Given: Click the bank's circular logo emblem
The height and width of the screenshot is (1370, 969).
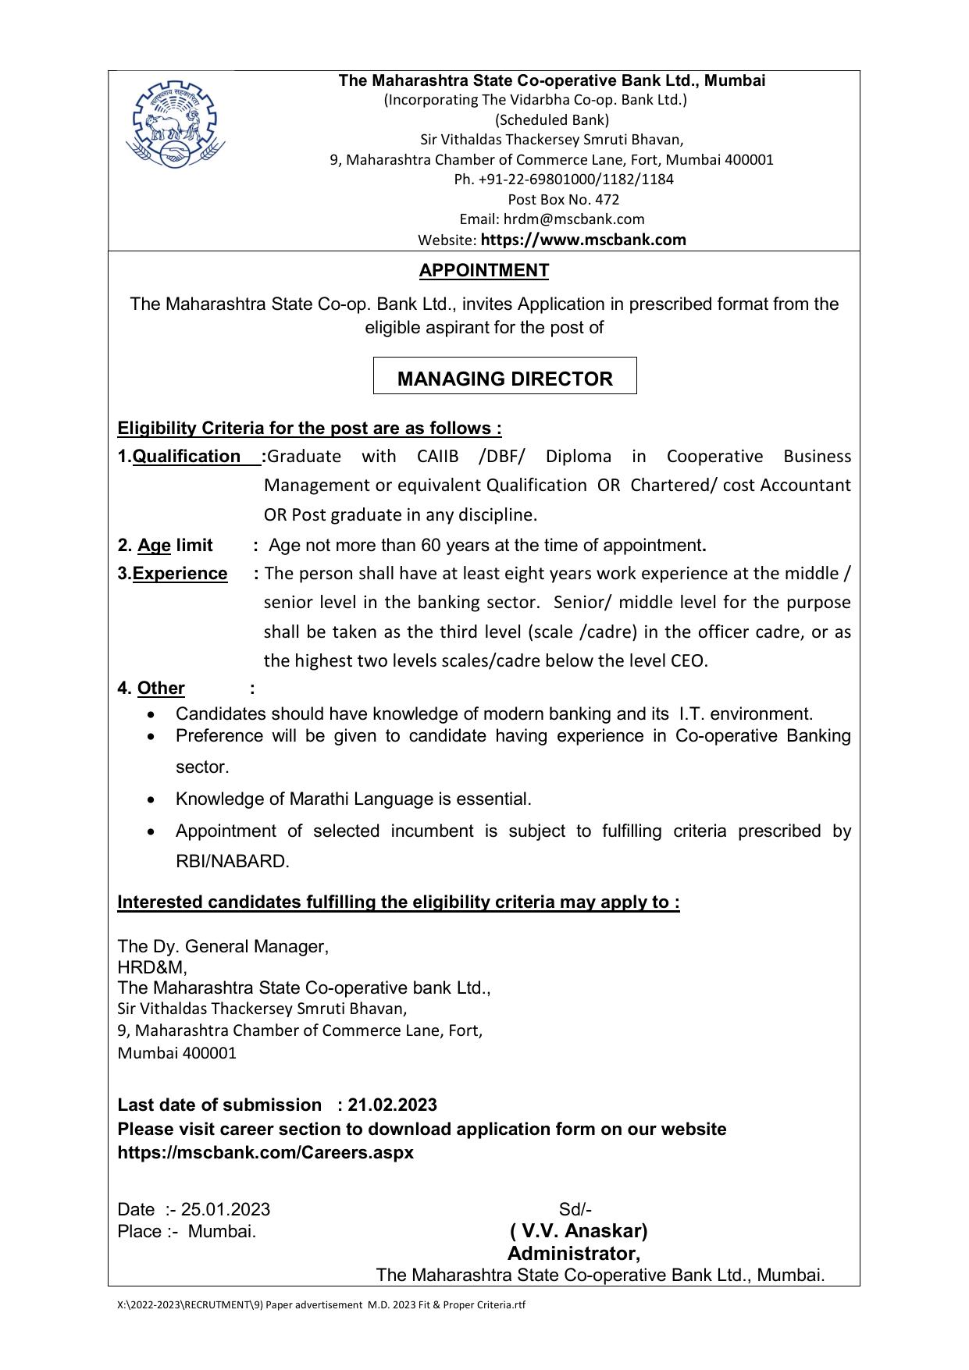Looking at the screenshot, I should [x=176, y=123].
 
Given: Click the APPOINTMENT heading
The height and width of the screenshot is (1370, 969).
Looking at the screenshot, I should [x=483, y=271].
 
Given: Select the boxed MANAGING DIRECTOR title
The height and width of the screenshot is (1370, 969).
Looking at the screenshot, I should [x=504, y=379].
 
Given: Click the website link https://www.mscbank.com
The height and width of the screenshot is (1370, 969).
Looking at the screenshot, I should [x=583, y=240].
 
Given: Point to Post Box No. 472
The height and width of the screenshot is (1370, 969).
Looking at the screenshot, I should [x=563, y=199].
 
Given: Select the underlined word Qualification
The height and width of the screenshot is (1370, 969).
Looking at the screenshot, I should [x=187, y=457].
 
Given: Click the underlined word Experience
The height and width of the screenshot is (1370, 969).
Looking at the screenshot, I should [x=180, y=574].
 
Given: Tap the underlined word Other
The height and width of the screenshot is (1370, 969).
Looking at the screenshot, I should [x=161, y=689].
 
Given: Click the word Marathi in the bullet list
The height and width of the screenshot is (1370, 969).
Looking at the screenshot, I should [x=319, y=799].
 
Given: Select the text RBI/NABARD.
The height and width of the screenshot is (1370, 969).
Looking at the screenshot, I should [x=233, y=862].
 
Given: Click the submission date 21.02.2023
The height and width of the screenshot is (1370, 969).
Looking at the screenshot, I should [x=393, y=1105].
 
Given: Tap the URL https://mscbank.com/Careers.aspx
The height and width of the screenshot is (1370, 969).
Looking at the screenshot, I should [x=265, y=1153].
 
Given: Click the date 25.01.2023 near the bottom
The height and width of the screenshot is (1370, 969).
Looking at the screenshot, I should [x=226, y=1210].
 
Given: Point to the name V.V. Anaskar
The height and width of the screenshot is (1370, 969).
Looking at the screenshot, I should [x=579, y=1232].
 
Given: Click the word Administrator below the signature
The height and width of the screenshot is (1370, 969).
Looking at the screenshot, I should [x=573, y=1254].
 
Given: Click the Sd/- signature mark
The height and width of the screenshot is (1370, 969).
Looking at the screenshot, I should [x=575, y=1210].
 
